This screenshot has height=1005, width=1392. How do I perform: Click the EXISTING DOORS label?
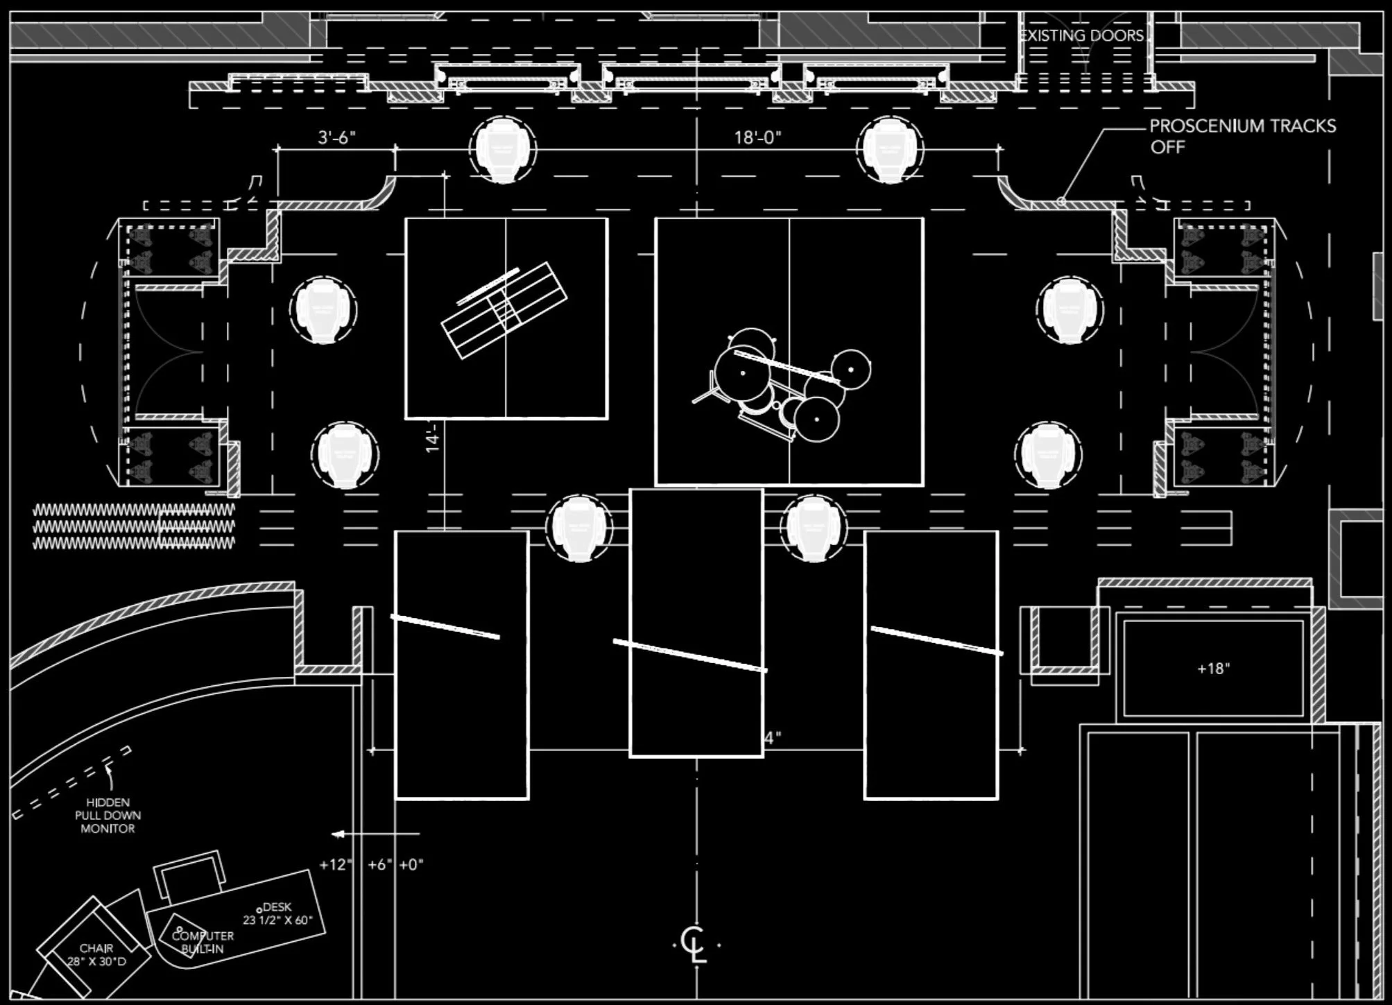pos(1083,35)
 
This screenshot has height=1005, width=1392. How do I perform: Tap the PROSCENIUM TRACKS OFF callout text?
pos(1241,136)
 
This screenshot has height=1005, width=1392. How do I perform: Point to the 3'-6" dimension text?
pos(336,137)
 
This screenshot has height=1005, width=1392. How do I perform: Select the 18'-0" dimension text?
pos(757,137)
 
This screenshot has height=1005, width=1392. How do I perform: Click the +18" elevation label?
pos(1213,669)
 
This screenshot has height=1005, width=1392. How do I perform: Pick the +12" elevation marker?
pos(336,865)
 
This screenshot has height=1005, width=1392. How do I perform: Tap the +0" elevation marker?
pos(411,865)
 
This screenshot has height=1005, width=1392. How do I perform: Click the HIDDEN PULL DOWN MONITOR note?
pos(108,815)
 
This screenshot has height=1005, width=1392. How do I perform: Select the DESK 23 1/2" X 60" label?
pos(277,913)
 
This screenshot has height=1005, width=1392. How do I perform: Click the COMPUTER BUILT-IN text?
pos(203,942)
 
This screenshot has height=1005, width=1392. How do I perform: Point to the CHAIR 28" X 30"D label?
pos(96,954)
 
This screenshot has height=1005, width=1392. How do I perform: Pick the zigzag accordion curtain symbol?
pos(134,527)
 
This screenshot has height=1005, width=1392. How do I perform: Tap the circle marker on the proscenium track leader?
pos(1061,201)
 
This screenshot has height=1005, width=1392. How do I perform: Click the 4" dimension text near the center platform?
pos(773,738)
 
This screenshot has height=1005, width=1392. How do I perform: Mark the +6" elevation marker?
pos(379,865)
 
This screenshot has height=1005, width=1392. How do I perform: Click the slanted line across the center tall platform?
pos(690,655)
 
